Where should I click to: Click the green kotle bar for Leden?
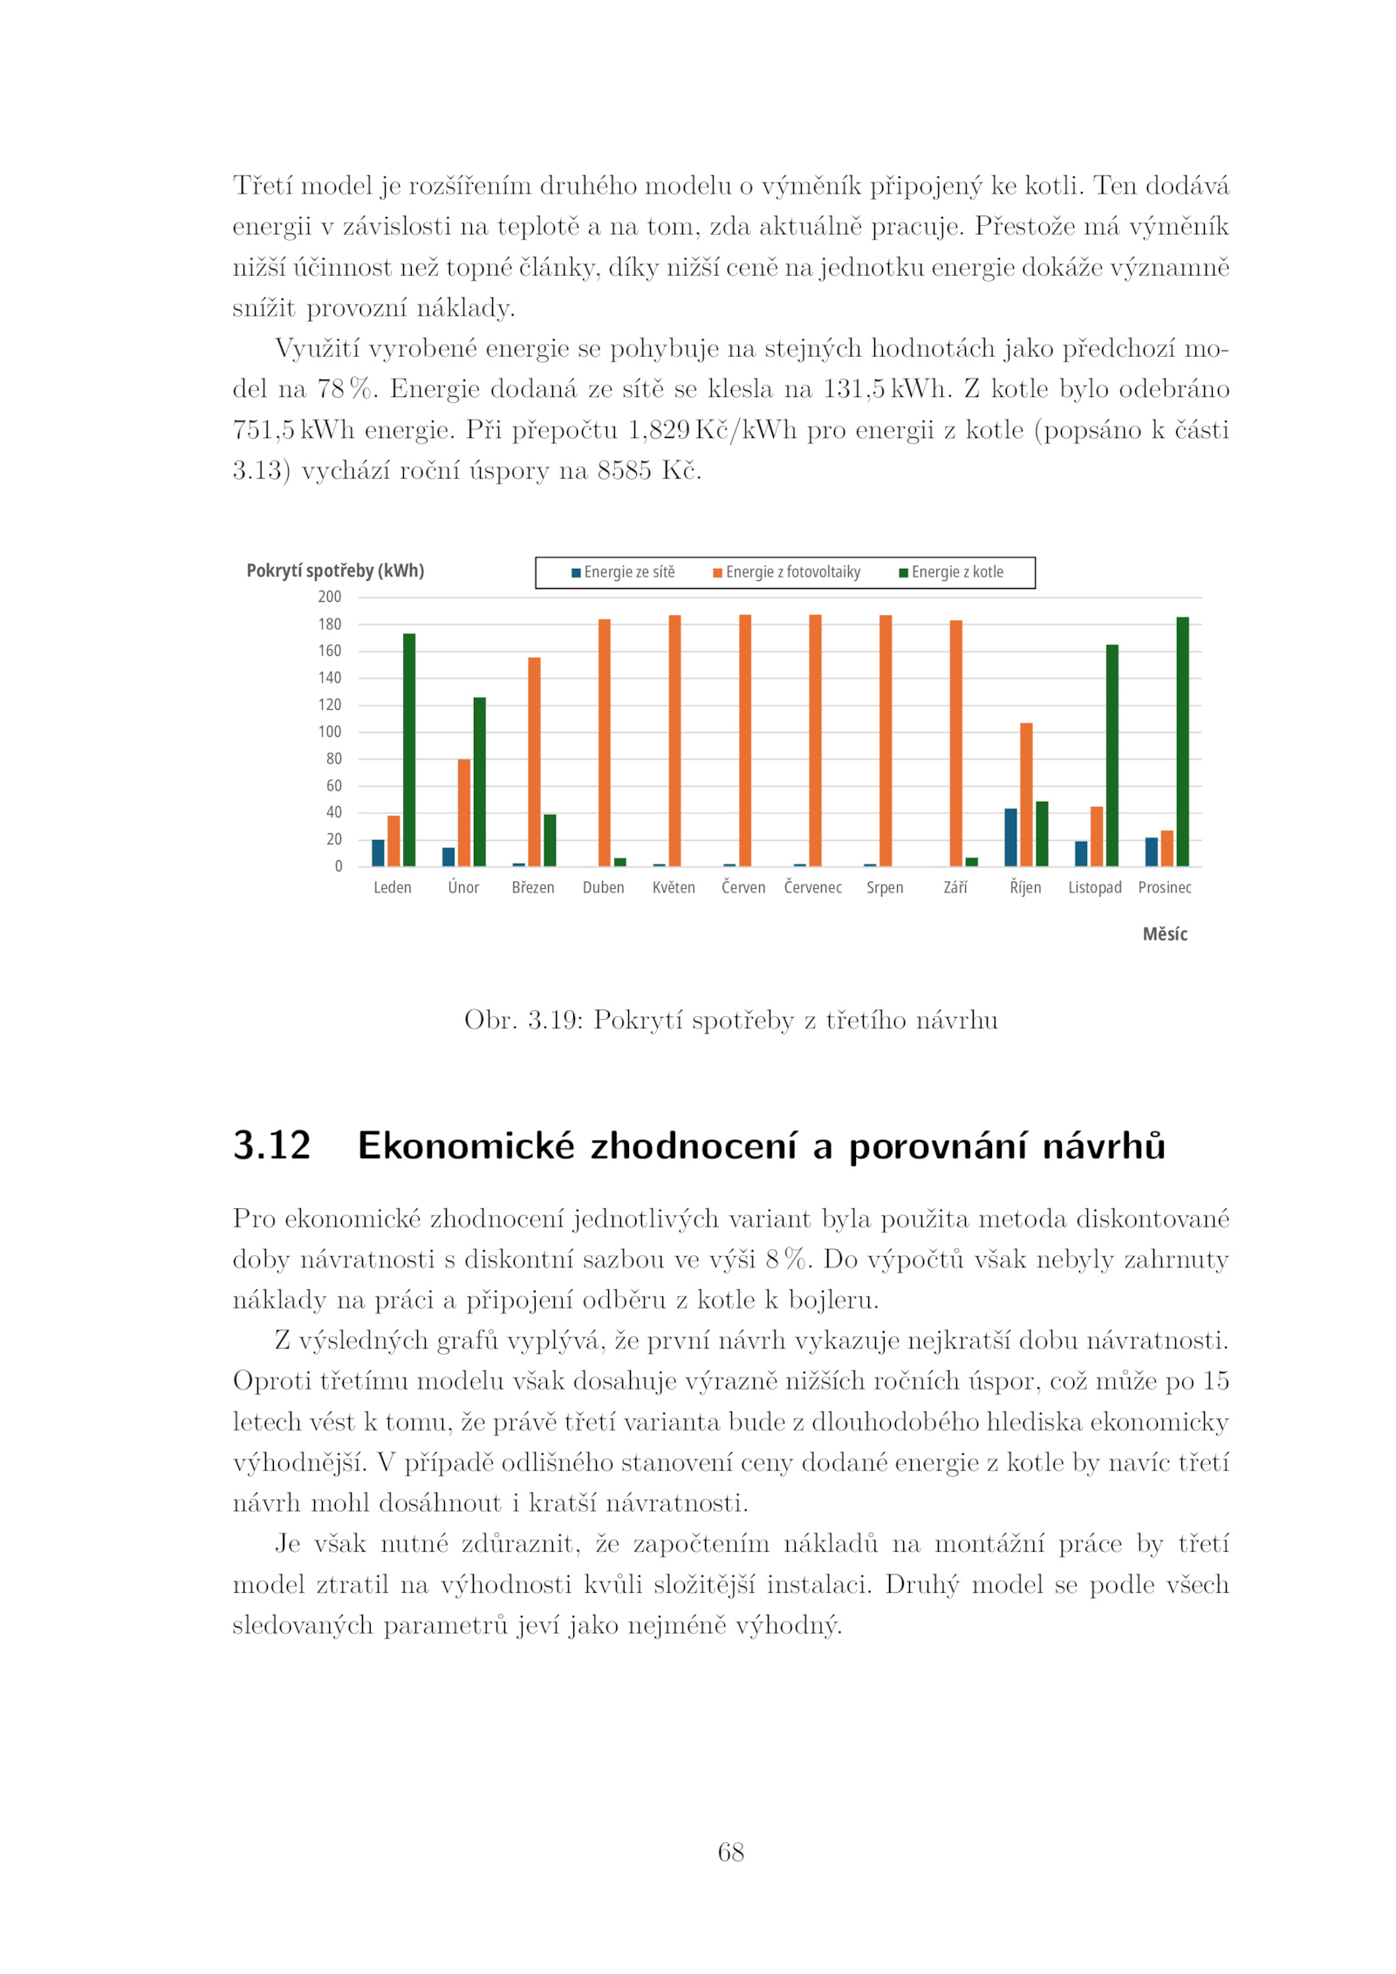409,749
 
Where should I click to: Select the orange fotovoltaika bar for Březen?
534,762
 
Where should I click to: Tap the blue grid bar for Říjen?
1010,837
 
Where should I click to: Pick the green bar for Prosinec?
1182,741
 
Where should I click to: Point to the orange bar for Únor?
464,812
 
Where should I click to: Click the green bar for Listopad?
1112,755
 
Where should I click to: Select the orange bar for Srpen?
886,741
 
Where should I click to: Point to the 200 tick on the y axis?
330,597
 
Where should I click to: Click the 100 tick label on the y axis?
330,732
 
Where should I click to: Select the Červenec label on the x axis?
813,887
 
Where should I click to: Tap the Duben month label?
604,887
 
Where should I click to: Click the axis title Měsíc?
1165,934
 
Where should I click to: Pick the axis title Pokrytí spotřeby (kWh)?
335,570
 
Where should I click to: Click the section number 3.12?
271,1145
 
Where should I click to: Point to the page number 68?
730,1851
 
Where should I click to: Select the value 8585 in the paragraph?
624,470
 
